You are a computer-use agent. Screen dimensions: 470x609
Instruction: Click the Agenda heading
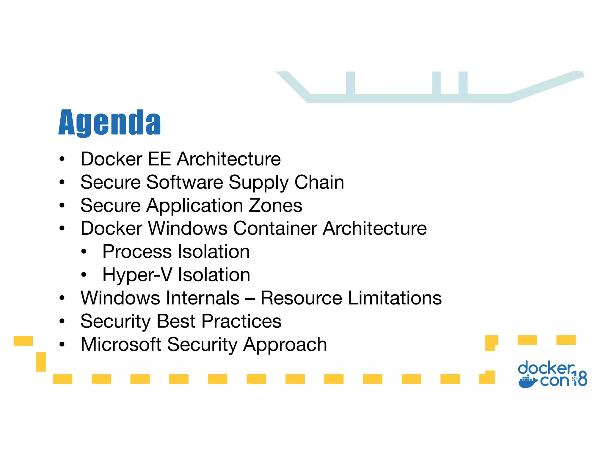[109, 122]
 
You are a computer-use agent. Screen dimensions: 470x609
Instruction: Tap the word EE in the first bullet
[159, 159]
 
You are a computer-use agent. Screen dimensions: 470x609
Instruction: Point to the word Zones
[275, 205]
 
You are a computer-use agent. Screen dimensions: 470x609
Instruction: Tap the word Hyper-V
[137, 275]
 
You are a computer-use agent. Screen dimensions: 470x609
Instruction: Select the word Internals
[203, 298]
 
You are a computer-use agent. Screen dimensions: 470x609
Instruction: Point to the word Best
[176, 321]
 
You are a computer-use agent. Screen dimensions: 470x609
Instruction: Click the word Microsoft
[121, 344]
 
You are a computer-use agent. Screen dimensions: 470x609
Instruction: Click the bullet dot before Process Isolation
[84, 252]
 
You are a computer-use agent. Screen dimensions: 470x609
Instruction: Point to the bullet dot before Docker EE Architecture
[62, 159]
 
